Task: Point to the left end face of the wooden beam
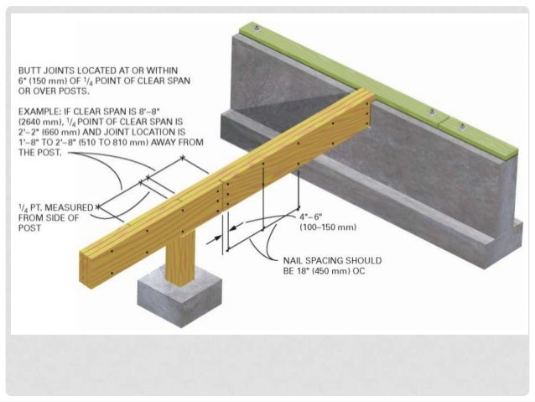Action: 91,253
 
